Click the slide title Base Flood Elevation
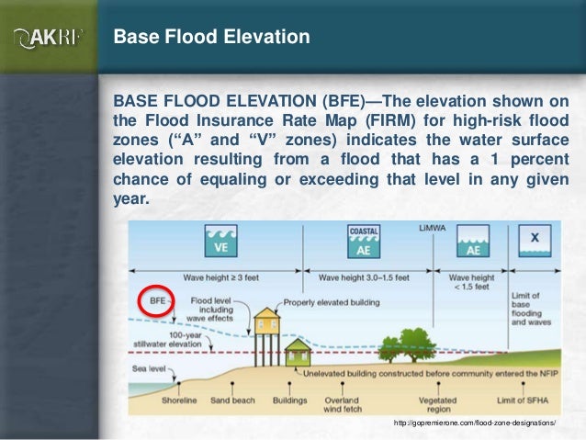coord(211,39)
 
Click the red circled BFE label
coord(155,300)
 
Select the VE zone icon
coord(220,243)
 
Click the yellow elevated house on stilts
coord(267,322)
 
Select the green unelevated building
coord(297,351)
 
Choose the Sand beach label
coord(231,400)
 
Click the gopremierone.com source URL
coord(474,423)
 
